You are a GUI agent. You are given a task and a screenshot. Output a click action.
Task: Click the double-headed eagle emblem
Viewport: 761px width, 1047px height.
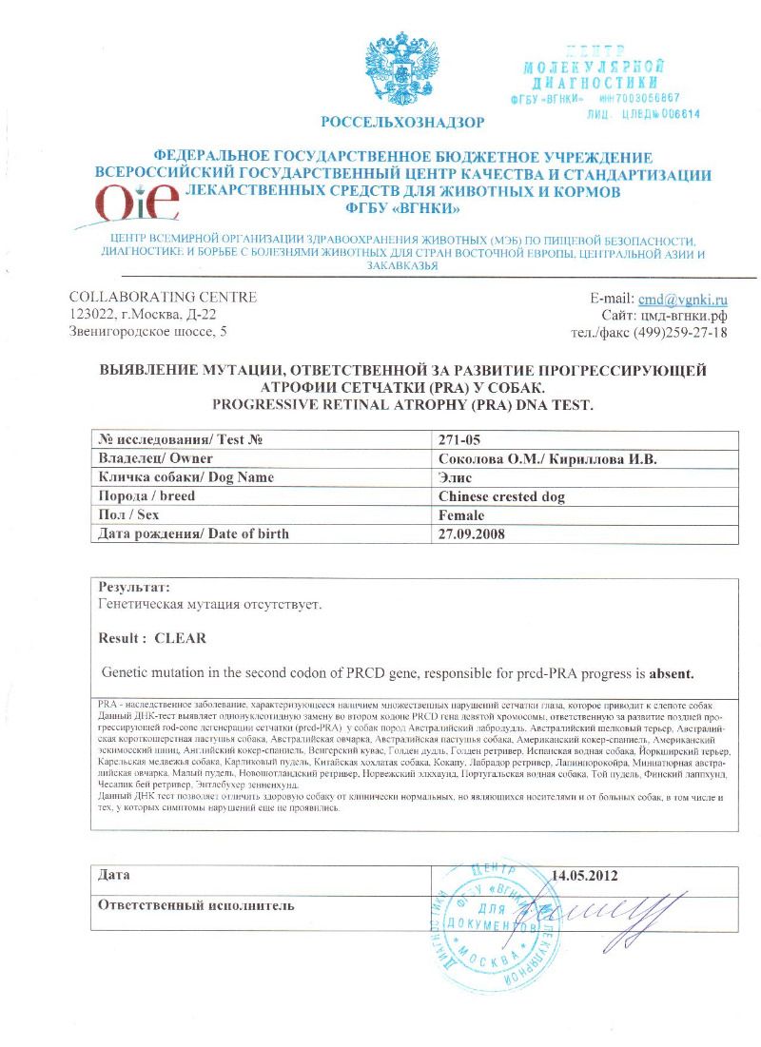(x=402, y=70)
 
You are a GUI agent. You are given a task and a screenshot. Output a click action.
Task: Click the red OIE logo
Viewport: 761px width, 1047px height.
(x=138, y=203)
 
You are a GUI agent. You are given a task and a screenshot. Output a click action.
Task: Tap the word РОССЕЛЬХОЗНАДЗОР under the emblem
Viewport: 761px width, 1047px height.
(x=402, y=122)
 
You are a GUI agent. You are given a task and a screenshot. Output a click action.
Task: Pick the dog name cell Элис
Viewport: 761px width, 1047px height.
(x=455, y=477)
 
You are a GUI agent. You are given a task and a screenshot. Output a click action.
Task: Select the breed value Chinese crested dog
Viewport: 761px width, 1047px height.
(x=501, y=496)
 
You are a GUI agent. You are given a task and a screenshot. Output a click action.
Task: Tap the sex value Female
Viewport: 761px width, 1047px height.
(x=461, y=515)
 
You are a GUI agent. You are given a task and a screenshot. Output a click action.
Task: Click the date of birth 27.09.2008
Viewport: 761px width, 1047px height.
(x=472, y=534)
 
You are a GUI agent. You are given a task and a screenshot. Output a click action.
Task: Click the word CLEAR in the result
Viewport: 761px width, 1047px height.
(x=180, y=637)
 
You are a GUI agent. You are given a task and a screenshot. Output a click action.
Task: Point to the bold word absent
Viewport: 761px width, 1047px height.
(x=672, y=674)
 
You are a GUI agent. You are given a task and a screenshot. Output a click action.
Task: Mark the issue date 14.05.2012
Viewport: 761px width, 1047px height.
(x=590, y=875)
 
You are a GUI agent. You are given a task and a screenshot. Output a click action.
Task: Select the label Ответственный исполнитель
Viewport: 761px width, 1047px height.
(x=197, y=905)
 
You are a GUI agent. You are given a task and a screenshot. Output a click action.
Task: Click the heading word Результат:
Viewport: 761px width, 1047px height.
(x=134, y=588)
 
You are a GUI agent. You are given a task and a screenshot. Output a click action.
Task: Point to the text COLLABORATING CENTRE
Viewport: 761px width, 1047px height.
(x=164, y=297)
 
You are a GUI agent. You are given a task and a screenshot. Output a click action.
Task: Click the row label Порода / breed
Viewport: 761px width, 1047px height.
(x=147, y=496)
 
